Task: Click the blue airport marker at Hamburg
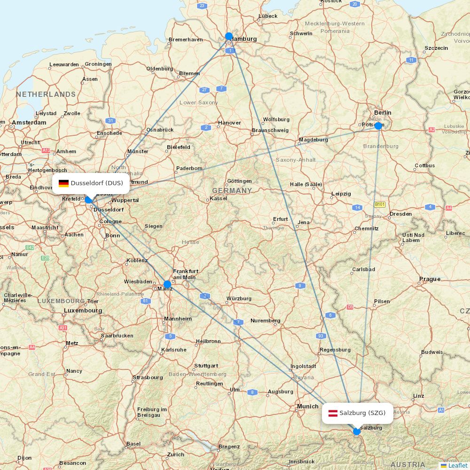(229, 36)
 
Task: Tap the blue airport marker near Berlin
(378, 125)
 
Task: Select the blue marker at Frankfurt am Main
(167, 284)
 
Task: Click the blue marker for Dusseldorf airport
(88, 199)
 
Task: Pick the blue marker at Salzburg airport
(357, 431)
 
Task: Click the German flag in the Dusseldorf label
(63, 183)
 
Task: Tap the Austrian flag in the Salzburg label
(333, 413)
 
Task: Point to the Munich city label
(307, 406)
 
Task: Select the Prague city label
(430, 279)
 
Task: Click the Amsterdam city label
(29, 122)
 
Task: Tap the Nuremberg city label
(265, 321)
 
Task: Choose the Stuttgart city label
(206, 366)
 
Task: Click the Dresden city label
(400, 214)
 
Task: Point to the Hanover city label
(229, 123)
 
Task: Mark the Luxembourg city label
(83, 310)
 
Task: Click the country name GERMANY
(232, 190)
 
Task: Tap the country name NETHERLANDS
(46, 94)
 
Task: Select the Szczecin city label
(436, 48)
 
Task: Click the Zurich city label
(176, 454)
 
